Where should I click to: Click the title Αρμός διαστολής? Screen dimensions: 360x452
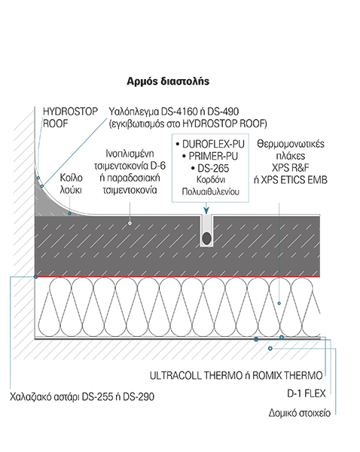click(x=168, y=81)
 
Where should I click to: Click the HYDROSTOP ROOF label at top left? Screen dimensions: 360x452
click(x=70, y=118)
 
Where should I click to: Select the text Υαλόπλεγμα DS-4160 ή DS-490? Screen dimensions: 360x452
click(x=174, y=111)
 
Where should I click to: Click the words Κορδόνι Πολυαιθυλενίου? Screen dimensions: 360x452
click(x=211, y=185)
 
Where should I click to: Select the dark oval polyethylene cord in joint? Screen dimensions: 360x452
click(x=206, y=238)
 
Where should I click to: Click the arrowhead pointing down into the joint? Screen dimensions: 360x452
click(x=206, y=211)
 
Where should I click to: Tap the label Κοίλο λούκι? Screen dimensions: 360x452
click(x=71, y=184)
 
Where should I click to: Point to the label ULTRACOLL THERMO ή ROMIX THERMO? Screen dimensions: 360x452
click(x=236, y=376)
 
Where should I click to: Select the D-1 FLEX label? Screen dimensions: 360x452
click(x=306, y=393)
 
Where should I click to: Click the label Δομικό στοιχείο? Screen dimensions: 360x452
click(x=300, y=413)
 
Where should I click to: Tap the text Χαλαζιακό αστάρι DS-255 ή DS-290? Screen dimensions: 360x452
click(x=82, y=397)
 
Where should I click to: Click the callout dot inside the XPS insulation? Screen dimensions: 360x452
click(x=279, y=304)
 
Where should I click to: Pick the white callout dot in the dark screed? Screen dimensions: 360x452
click(x=130, y=223)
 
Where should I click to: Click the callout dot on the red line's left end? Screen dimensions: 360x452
click(x=36, y=276)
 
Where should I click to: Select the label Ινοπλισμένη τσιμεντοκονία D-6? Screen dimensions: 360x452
click(x=130, y=160)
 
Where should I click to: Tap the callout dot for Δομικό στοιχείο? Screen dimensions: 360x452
click(x=270, y=349)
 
